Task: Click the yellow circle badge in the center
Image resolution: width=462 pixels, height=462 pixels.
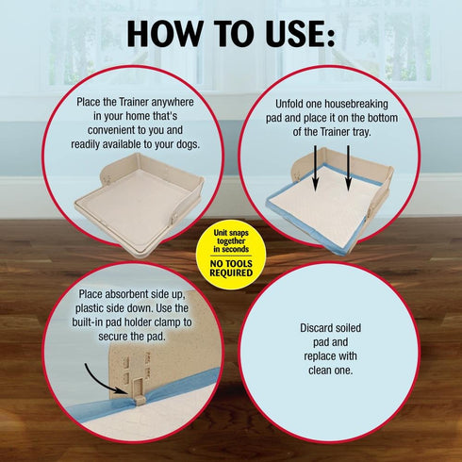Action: click(x=230, y=253)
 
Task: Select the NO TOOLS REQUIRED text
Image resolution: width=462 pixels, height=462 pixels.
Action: click(x=230, y=268)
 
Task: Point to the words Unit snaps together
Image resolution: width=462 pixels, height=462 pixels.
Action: click(x=230, y=241)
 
